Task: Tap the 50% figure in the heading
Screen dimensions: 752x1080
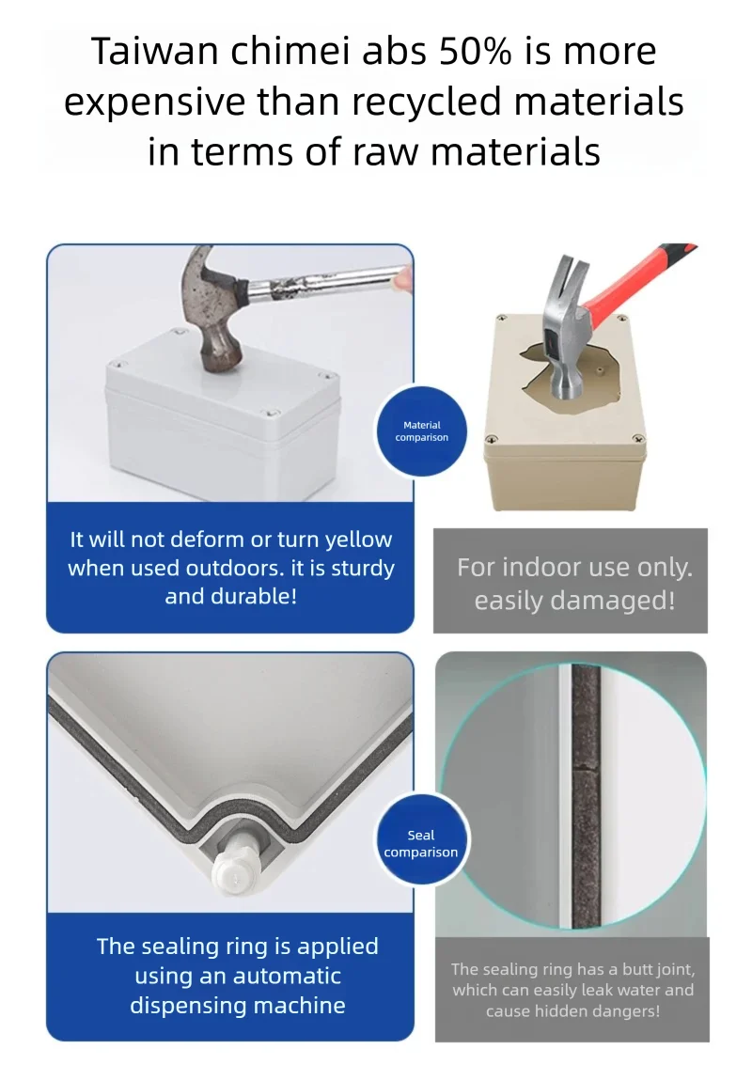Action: (475, 52)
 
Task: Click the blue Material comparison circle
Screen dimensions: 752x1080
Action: (421, 431)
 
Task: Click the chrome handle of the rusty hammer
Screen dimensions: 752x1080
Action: (323, 283)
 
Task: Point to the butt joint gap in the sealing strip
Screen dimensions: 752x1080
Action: (586, 770)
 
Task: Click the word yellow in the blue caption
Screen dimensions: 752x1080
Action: (358, 540)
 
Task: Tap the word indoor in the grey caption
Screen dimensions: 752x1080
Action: (542, 568)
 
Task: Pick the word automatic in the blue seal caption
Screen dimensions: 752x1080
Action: (287, 976)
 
